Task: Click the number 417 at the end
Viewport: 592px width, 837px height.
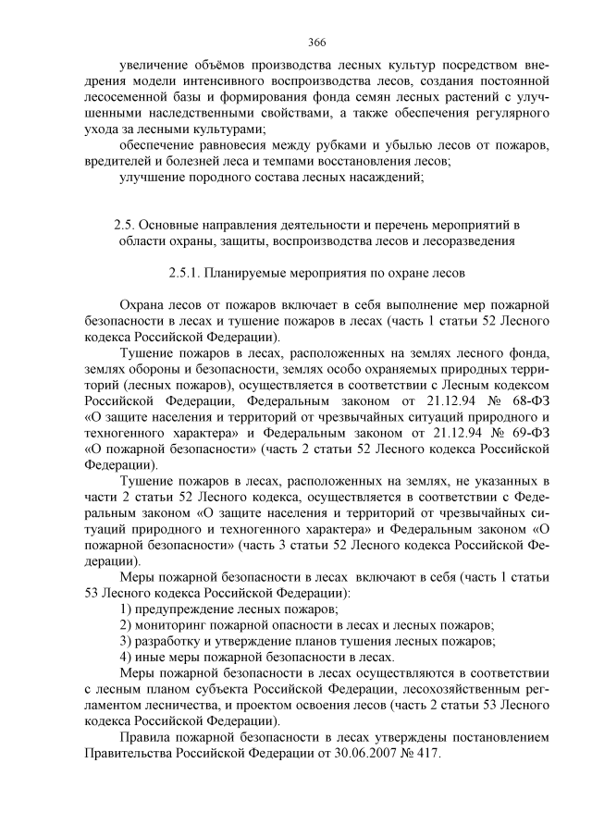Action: pyautogui.click(x=427, y=753)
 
